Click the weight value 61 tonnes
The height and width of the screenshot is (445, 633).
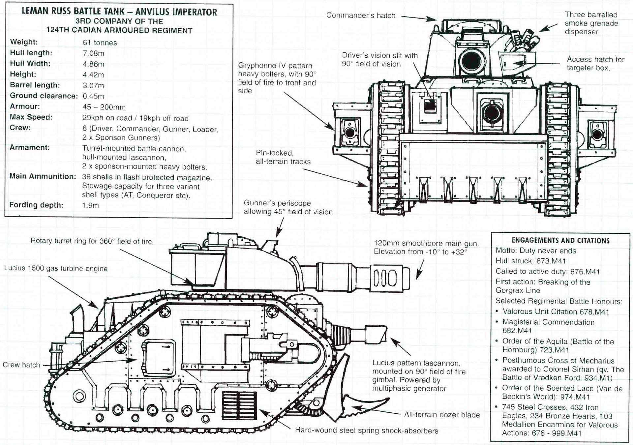click(x=100, y=43)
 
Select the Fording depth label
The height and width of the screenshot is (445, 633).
click(x=36, y=205)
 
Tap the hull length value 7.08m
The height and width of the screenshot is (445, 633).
click(x=93, y=53)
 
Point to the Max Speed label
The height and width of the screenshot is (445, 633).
click(x=31, y=117)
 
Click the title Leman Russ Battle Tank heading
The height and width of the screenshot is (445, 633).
click(x=119, y=12)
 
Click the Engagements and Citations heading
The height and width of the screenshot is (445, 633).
click(x=560, y=241)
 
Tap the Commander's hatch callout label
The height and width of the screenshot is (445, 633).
click(x=361, y=15)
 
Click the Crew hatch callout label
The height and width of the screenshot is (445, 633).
click(x=21, y=365)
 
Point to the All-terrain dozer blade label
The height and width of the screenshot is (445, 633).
click(x=442, y=415)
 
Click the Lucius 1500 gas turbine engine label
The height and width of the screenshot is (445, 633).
click(x=56, y=268)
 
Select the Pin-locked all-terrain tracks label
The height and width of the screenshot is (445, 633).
click(x=283, y=157)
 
